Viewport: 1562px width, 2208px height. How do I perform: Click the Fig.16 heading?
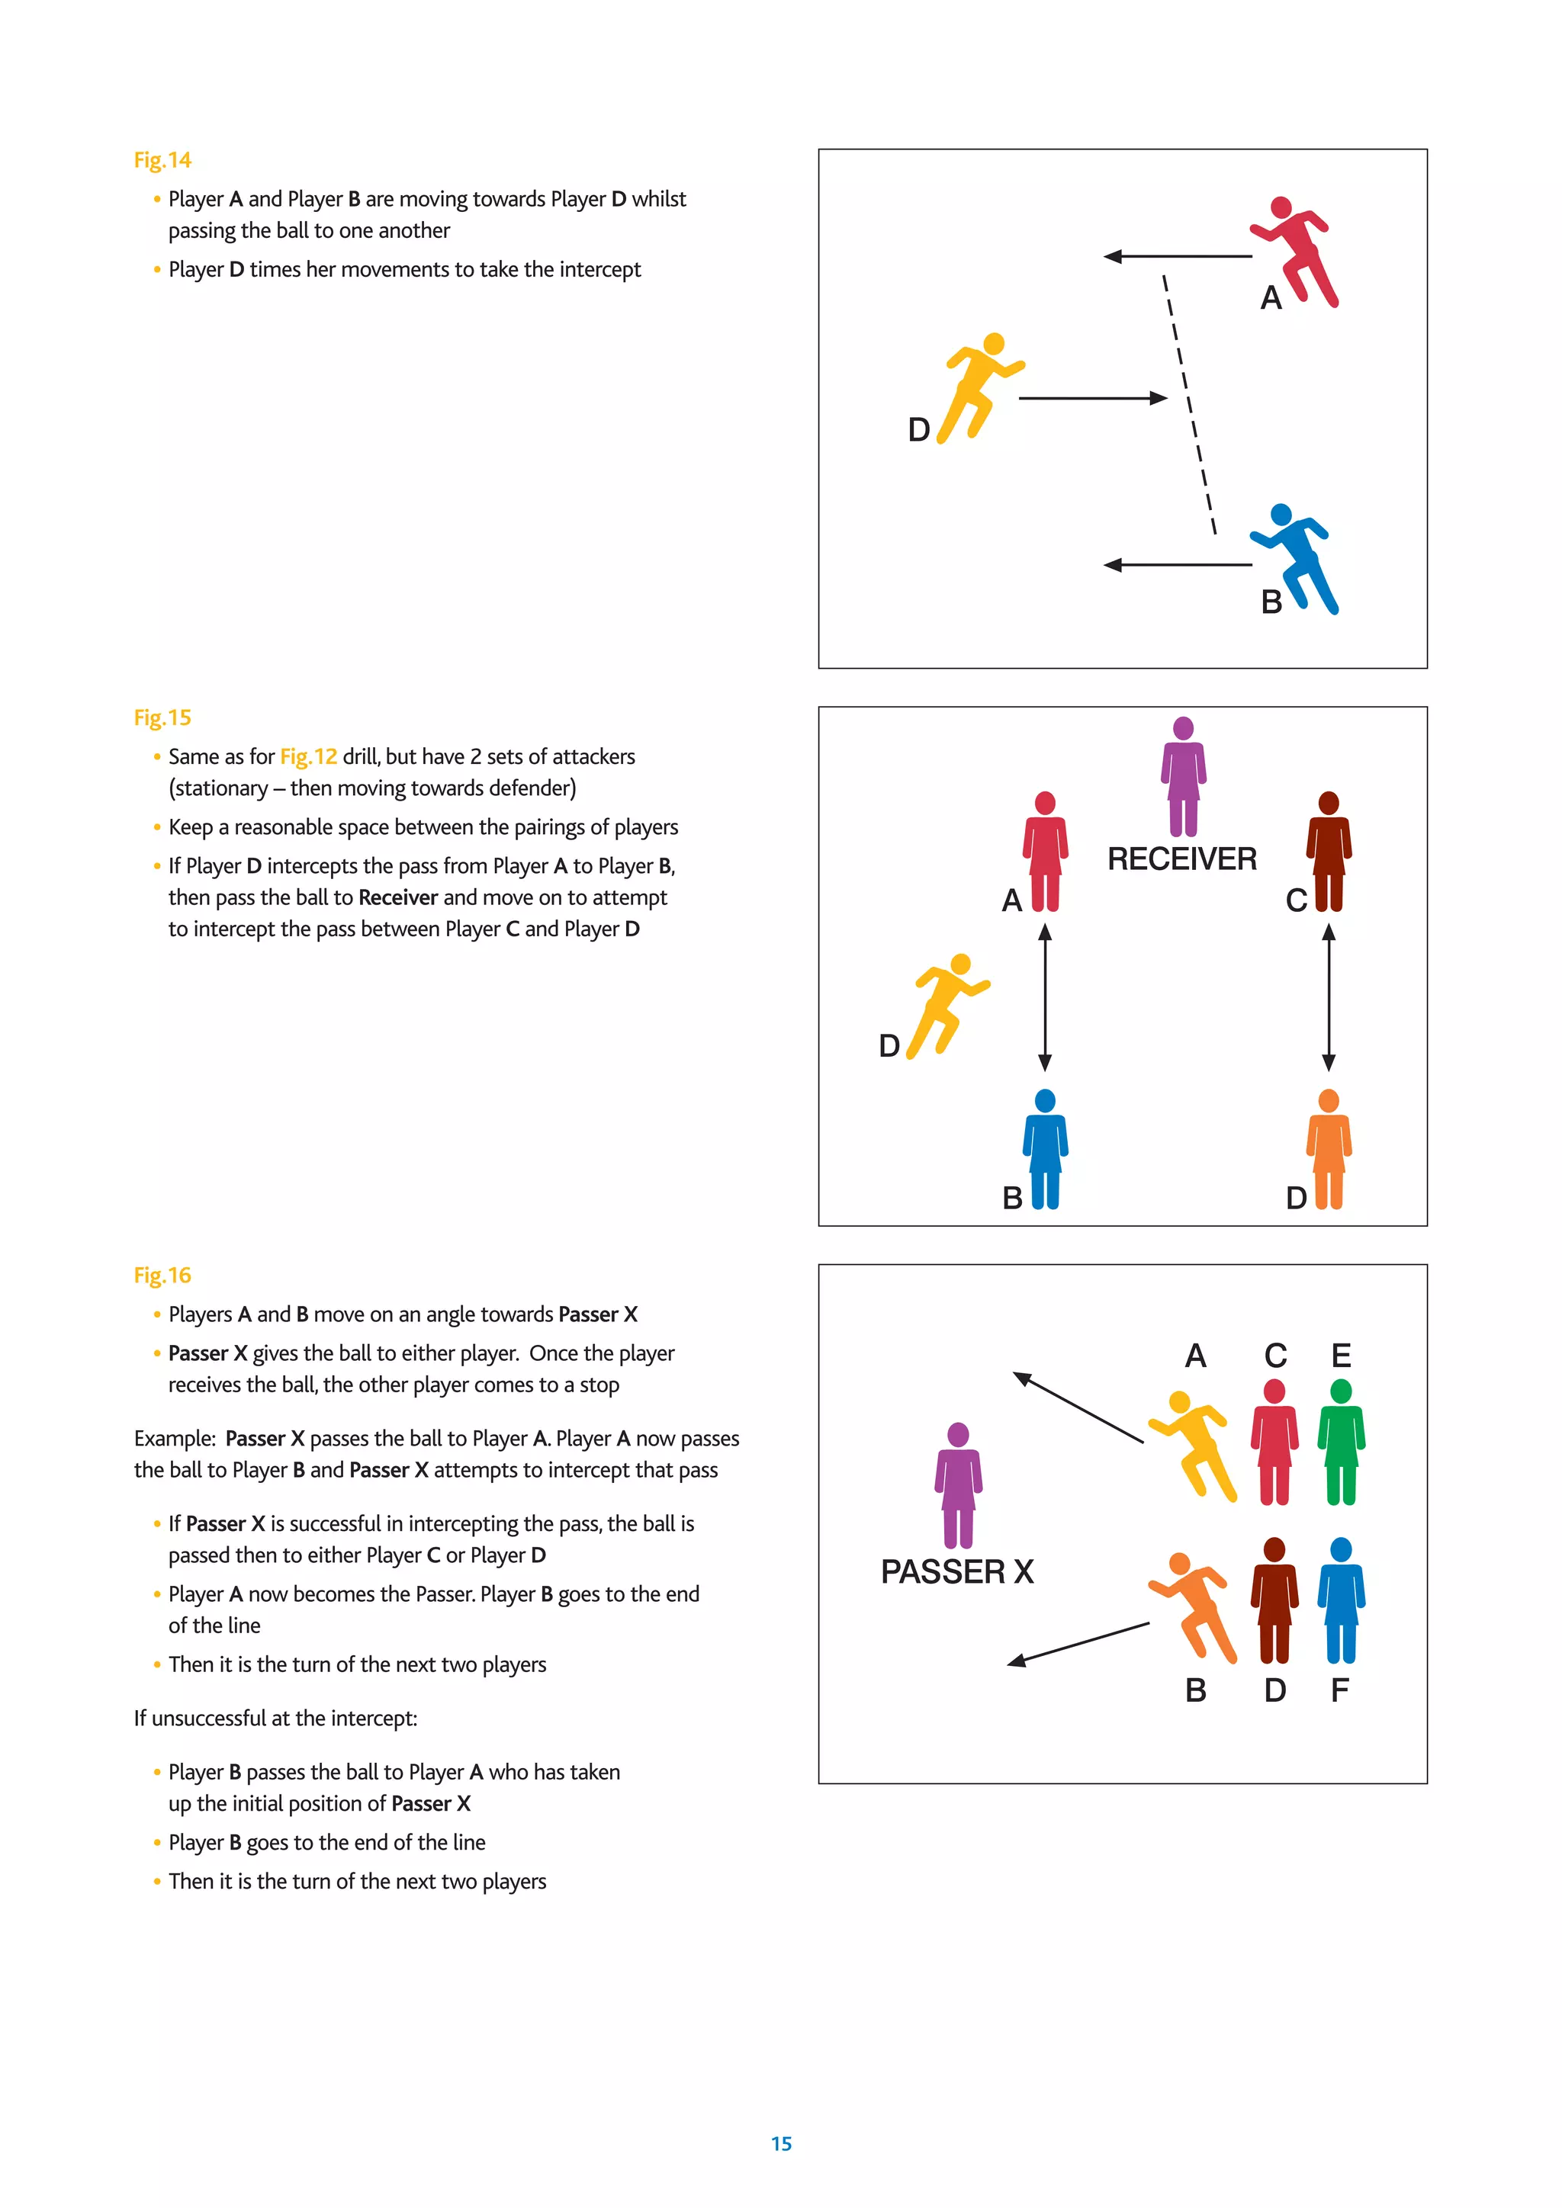click(x=162, y=1276)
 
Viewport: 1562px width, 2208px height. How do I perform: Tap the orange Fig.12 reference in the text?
click(x=308, y=757)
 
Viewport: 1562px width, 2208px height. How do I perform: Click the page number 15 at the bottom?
click(x=781, y=2143)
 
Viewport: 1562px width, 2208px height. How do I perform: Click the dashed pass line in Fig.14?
click(x=1189, y=404)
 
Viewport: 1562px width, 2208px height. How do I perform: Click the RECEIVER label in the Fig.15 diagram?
click(x=1182, y=858)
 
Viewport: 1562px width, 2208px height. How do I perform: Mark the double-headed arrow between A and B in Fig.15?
click(x=1045, y=997)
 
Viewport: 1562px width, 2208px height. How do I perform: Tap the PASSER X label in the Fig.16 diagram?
click(x=957, y=1571)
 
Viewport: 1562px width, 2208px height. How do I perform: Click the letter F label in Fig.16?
click(x=1340, y=1690)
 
